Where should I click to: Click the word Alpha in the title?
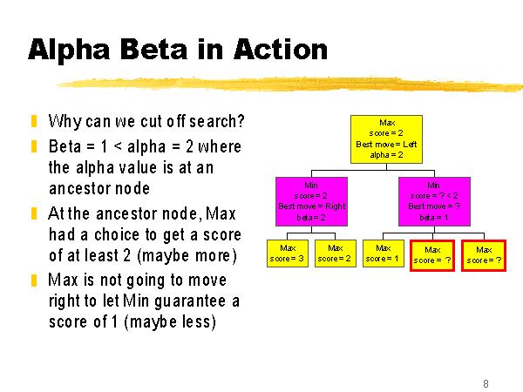tap(69, 50)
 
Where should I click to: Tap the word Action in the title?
tap(281, 50)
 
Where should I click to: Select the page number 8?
tap(486, 383)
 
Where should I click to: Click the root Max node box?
tap(386, 139)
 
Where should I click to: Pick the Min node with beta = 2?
tap(311, 202)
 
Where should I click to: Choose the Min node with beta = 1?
tap(434, 202)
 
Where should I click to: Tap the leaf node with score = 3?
tap(287, 253)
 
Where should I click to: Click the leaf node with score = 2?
tap(336, 253)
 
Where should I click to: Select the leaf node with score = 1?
tap(384, 253)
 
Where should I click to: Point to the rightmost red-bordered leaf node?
tap(484, 255)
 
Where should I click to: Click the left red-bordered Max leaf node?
tap(432, 255)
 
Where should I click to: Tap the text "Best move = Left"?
tap(386, 145)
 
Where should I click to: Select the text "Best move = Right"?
tap(312, 206)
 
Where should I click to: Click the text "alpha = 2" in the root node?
tap(386, 155)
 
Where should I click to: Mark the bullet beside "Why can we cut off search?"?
tap(34, 121)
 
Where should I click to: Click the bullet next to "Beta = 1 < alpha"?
tap(34, 146)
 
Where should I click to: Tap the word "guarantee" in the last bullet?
tap(190, 301)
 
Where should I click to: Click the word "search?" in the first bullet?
tap(217, 121)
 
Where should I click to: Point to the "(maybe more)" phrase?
tap(187, 256)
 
